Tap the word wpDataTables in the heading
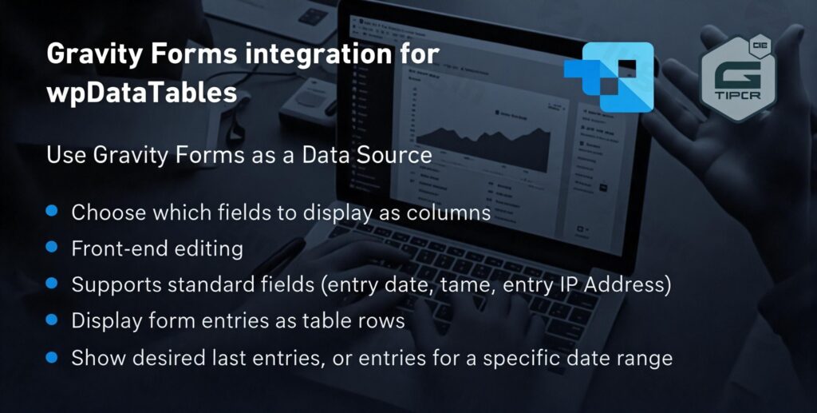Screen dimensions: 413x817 coord(141,92)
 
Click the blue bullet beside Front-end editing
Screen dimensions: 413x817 coord(52,248)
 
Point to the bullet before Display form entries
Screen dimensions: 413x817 coord(52,320)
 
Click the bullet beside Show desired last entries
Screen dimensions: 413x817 coord(52,355)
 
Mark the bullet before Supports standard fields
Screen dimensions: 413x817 coord(52,284)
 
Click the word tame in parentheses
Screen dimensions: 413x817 coord(458,285)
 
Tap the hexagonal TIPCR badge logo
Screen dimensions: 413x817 coord(736,78)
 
